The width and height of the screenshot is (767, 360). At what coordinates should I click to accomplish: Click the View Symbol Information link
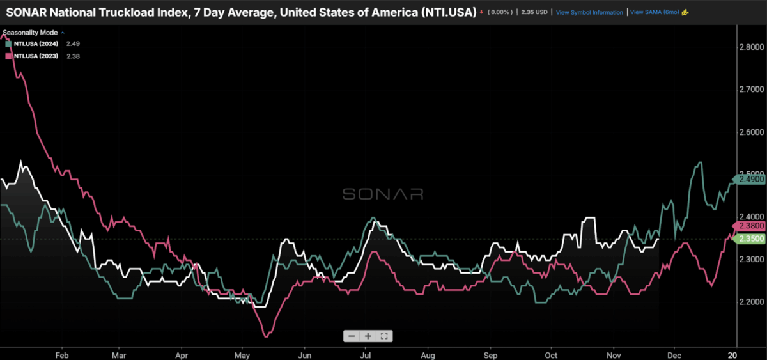pos(589,12)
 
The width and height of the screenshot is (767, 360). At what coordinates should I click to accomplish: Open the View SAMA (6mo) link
pos(655,12)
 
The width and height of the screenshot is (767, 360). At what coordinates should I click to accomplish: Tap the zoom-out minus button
pos(352,336)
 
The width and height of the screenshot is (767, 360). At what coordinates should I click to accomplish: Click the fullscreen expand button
pos(385,336)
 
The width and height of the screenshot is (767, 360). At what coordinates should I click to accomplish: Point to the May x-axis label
pos(242,354)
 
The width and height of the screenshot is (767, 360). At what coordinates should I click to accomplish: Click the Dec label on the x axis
pos(673,354)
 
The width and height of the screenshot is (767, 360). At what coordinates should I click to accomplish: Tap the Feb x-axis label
pos(62,354)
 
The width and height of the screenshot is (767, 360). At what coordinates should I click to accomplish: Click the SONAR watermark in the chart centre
pos(383,194)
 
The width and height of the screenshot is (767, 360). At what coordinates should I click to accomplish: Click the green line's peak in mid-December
pos(700,162)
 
